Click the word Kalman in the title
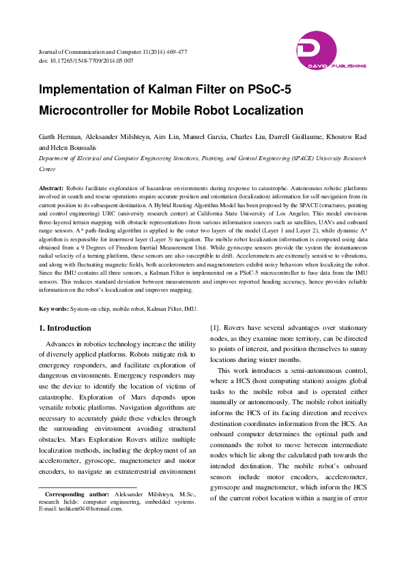[156, 91]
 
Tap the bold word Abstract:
[51, 187]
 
